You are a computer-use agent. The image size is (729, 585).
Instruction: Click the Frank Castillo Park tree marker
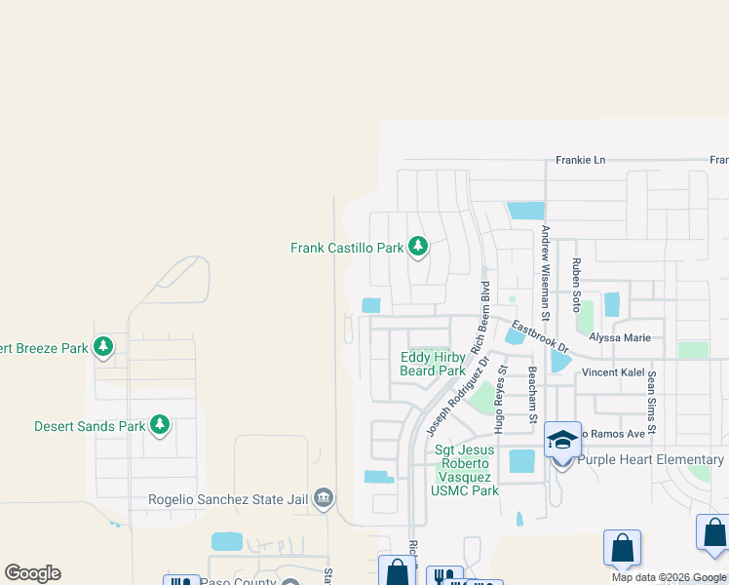(418, 247)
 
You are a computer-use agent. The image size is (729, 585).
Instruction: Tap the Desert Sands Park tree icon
(160, 425)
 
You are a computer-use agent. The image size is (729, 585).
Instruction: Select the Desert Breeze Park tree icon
(103, 346)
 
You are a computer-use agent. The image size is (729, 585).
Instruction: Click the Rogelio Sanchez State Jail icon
(324, 500)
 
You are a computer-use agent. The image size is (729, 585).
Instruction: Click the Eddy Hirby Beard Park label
(433, 364)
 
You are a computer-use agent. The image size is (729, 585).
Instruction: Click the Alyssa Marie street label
(619, 337)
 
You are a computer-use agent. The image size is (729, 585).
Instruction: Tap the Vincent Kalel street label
(614, 372)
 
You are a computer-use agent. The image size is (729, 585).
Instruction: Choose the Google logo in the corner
(32, 573)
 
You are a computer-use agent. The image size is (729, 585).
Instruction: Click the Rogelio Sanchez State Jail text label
(228, 500)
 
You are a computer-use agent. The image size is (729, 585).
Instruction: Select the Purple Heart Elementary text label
(651, 459)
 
